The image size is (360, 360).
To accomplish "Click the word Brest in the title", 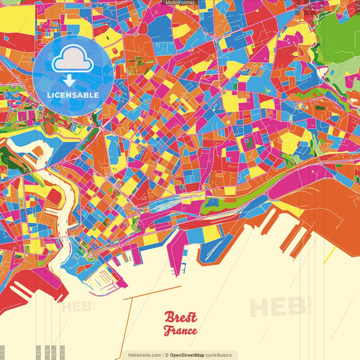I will coord(180,317).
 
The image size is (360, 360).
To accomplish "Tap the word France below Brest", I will coord(180,331).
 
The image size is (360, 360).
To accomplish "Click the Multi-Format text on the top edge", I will coord(180,3).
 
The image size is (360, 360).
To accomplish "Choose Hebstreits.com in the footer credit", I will coord(145,355).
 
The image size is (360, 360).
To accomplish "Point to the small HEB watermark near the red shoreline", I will coord(78,307).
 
